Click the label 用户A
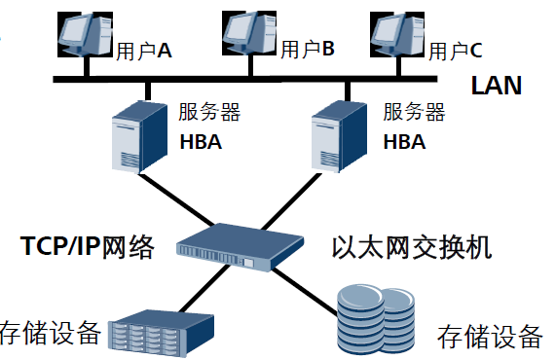click(x=144, y=50)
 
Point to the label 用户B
click(x=308, y=48)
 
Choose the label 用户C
click(x=456, y=49)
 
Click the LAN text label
click(x=496, y=86)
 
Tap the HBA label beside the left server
click(x=201, y=142)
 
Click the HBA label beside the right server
click(x=404, y=142)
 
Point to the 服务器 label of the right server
click(x=413, y=112)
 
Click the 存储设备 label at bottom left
click(x=51, y=334)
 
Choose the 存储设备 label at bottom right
click(x=490, y=337)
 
